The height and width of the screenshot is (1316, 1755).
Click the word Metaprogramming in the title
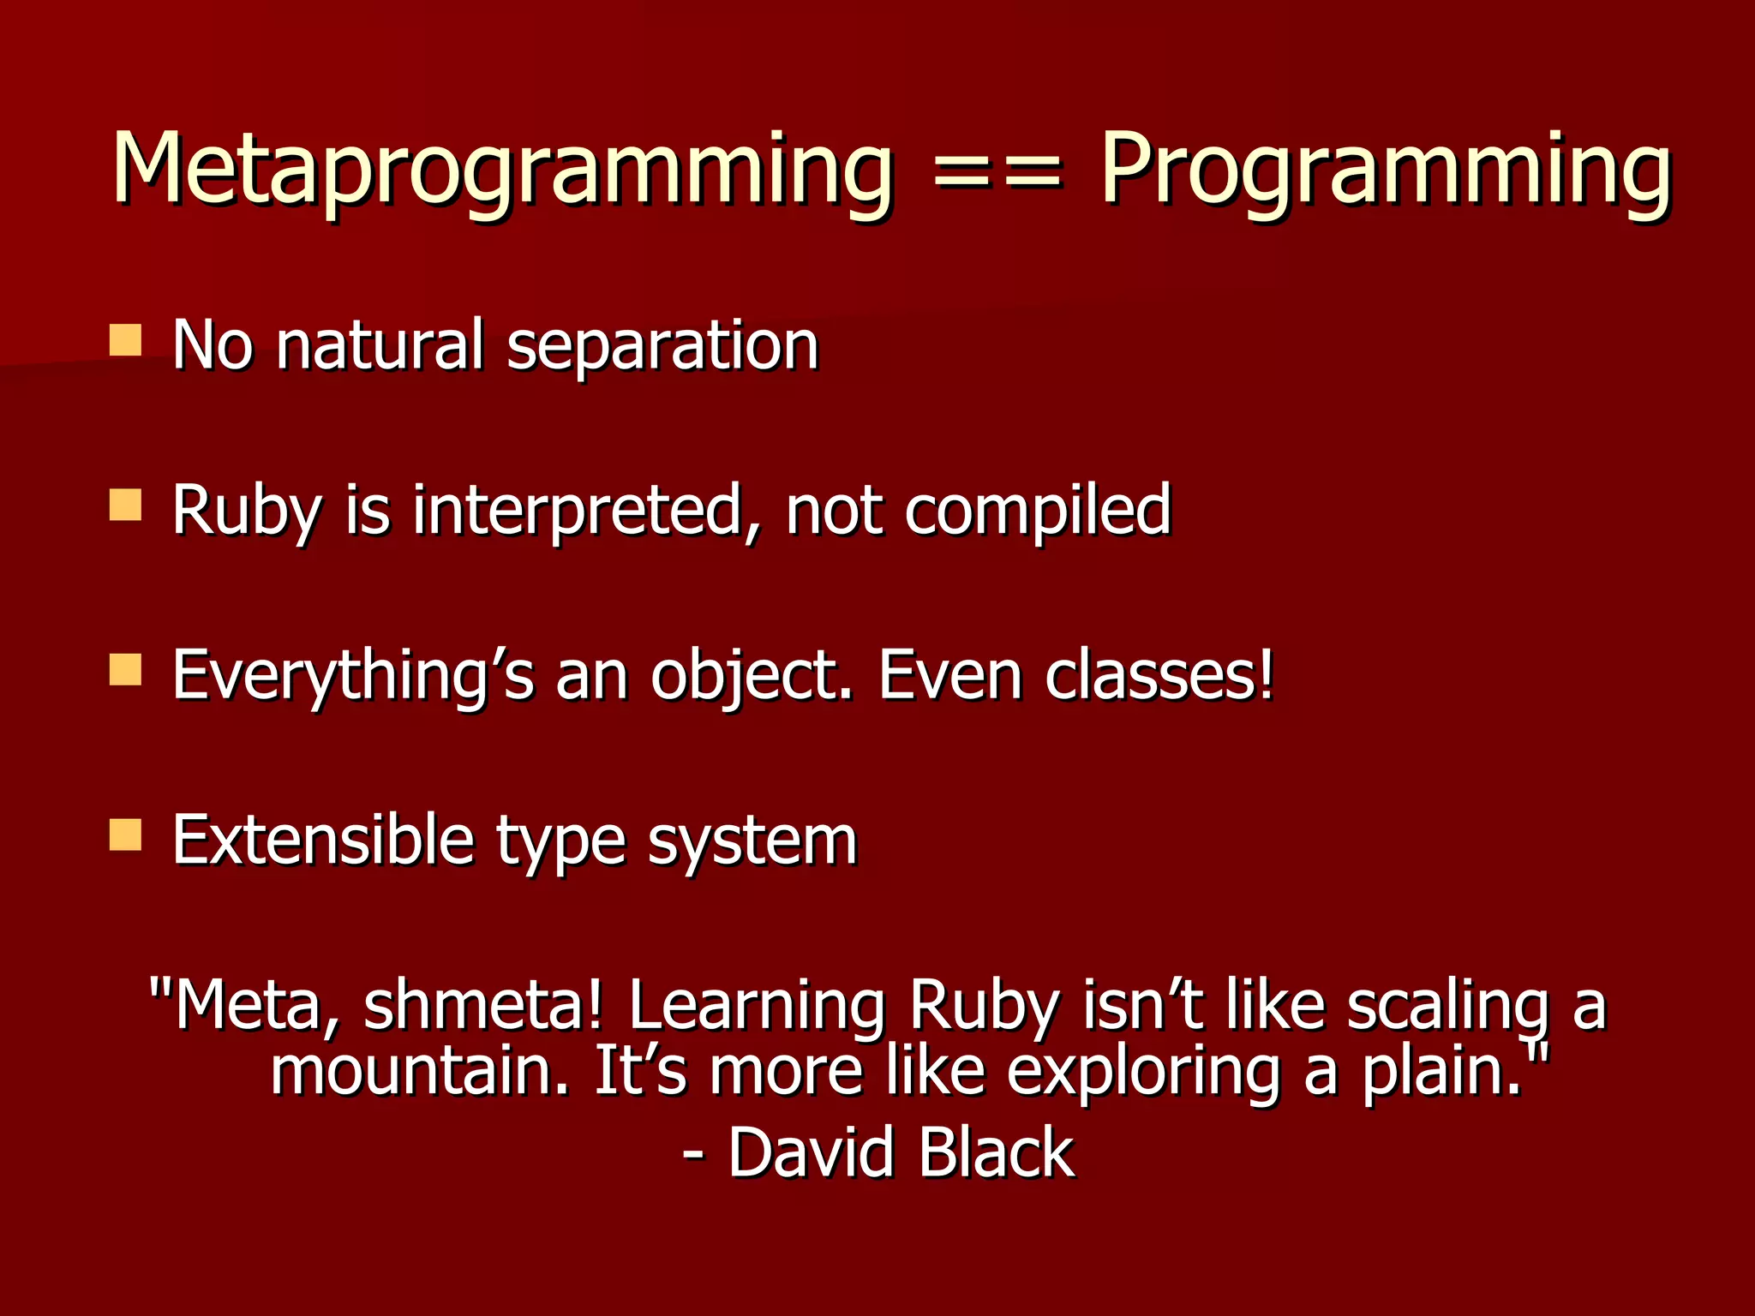point(502,171)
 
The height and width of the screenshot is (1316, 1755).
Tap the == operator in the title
point(997,171)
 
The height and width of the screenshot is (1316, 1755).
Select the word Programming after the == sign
point(1385,171)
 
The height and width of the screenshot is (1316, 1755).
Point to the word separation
point(662,345)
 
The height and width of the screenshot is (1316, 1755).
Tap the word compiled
point(1038,511)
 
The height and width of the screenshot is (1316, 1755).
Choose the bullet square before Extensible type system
point(126,834)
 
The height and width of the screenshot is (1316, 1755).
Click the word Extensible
point(322,840)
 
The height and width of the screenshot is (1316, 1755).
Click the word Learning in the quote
point(757,1006)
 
